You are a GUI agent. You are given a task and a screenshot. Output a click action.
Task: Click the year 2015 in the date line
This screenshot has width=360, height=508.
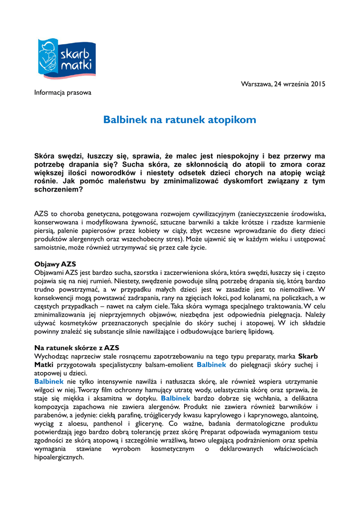pyautogui.click(x=316, y=84)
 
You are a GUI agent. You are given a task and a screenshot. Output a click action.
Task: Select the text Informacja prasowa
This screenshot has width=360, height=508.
pyautogui.click(x=63, y=92)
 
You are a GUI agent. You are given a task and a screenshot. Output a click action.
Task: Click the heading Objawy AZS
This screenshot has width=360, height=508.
pyautogui.click(x=55, y=263)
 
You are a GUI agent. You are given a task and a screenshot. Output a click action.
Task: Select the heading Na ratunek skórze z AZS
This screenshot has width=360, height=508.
pyautogui.click(x=76, y=348)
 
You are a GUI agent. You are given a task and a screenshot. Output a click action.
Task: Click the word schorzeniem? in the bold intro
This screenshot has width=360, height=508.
pyautogui.click(x=58, y=190)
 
